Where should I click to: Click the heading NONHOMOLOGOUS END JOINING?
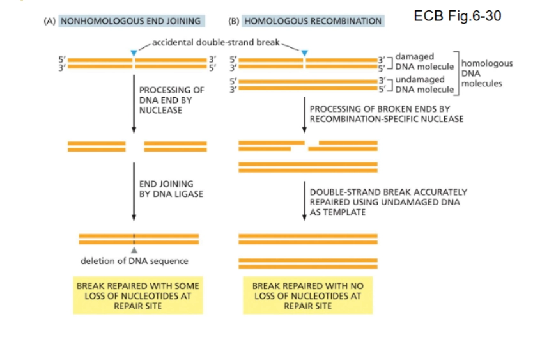[130, 20]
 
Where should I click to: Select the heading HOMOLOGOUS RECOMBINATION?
[313, 20]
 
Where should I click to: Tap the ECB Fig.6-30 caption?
[457, 16]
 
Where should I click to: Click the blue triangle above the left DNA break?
[133, 52]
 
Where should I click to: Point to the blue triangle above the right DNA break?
[304, 52]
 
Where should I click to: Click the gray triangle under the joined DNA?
[134, 250]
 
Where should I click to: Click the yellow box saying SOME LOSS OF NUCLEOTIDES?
[137, 295]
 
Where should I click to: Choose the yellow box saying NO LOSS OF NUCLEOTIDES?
[307, 295]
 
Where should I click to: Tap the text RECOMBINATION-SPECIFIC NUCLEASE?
[386, 119]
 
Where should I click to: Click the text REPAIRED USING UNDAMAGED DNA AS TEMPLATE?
[388, 202]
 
